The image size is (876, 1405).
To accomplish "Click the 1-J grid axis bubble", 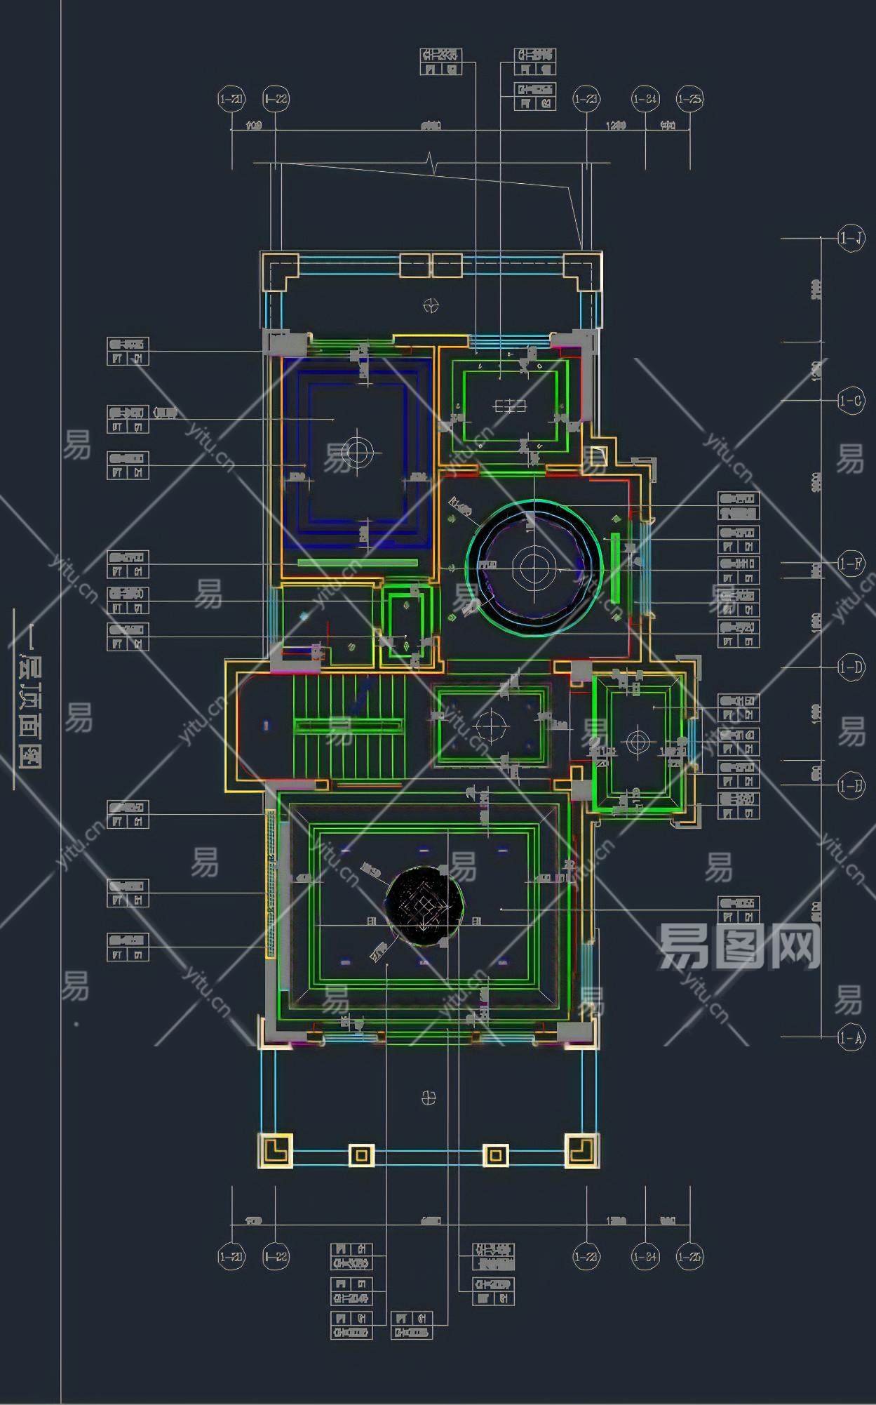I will point(851,239).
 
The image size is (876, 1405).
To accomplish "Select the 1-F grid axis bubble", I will point(851,564).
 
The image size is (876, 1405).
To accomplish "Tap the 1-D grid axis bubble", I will point(851,667).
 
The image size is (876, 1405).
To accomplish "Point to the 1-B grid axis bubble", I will point(851,785).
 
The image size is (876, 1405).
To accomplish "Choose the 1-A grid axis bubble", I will point(851,1037).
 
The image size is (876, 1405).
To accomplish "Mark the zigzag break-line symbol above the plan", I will point(433,165).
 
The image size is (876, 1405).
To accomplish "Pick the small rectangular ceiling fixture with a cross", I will point(510,406).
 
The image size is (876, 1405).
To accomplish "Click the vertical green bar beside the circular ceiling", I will point(615,567).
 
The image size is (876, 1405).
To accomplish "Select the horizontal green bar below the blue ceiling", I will point(357,562).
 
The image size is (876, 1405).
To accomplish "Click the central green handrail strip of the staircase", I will point(349,726).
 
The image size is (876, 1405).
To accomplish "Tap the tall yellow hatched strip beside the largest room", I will point(269,884).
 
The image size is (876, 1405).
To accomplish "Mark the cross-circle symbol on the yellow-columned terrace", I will point(429,1098).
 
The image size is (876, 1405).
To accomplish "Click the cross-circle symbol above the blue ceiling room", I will point(431,305).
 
